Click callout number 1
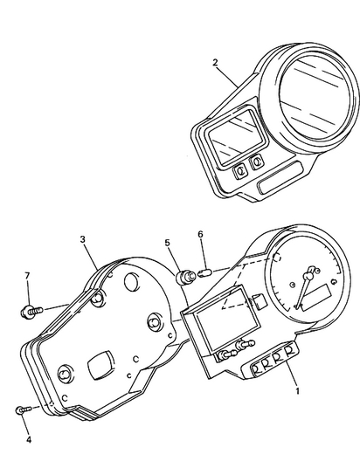pos(298,391)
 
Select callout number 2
pos(215,63)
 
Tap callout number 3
pos(83,239)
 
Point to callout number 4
pos(29,440)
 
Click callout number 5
pos(168,243)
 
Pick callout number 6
pos(200,234)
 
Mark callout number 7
pos(27,276)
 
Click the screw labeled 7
pos(31,311)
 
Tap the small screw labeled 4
pos(24,409)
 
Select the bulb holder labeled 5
pos(185,278)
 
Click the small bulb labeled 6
pos(204,272)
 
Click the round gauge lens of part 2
pos(315,97)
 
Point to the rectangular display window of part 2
pos(235,137)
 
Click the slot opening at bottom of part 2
pos(280,178)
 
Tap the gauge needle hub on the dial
pos(308,276)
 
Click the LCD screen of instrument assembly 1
pos(227,320)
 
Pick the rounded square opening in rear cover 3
pos(100,365)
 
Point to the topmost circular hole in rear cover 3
pos(131,281)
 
